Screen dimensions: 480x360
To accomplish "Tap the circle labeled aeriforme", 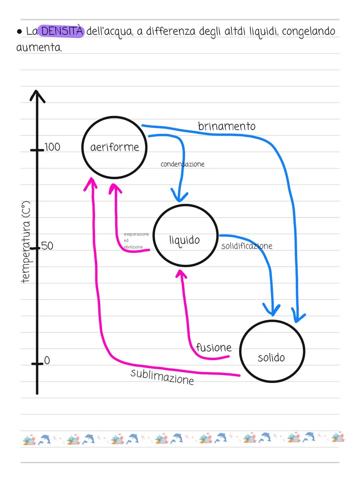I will point(114,147).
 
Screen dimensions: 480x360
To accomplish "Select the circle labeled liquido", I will point(185,235).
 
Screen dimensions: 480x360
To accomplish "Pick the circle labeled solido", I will point(272,351).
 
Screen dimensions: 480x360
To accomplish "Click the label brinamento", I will point(227,126).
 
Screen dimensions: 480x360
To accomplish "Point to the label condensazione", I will point(182,164).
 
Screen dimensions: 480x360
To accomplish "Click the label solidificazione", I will point(247,246).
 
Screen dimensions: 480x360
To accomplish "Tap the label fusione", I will point(214,347).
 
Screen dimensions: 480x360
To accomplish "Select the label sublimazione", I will point(162,377).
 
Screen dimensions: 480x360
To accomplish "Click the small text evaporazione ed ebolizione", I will point(136,241).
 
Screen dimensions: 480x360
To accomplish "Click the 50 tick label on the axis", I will point(47,246).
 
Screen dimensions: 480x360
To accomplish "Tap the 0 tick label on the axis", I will point(47,360).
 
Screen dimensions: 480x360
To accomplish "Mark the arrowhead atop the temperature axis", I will point(37,95).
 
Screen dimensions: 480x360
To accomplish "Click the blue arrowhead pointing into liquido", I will point(179,196).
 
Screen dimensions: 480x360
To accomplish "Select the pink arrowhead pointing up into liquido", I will point(181,275).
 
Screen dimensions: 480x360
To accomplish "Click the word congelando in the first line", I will point(308,31).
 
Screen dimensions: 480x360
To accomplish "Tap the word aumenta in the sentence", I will point(39,48).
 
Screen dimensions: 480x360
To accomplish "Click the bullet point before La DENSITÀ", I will point(20,32).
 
